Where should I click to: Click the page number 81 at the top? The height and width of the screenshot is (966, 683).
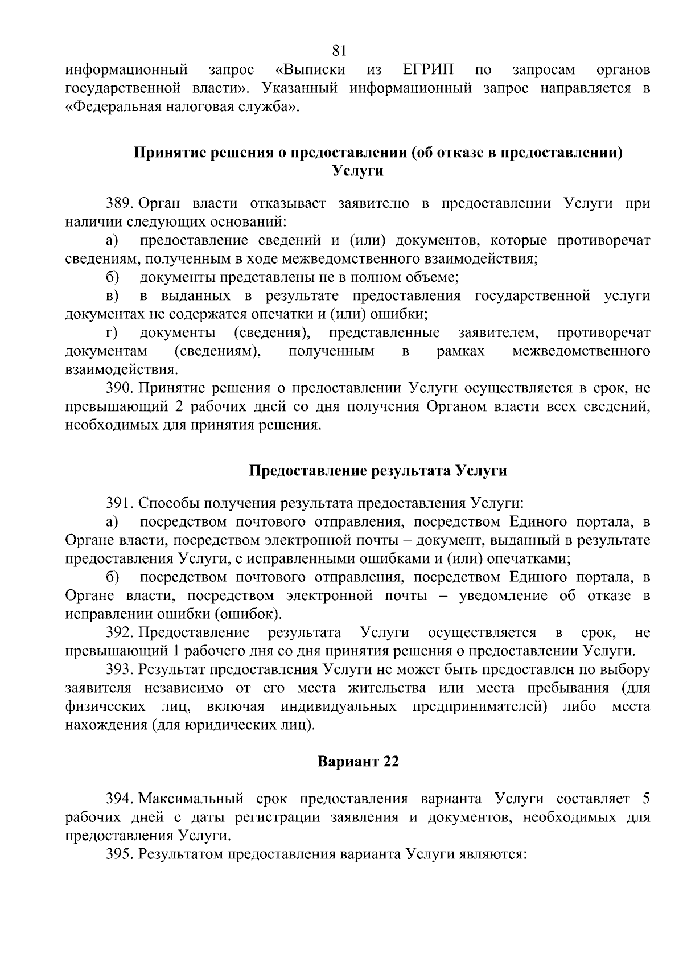339,51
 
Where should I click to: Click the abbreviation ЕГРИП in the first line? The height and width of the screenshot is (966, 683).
428,70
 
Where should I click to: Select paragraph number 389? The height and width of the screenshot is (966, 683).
120,204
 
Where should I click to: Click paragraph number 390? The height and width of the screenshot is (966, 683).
120,388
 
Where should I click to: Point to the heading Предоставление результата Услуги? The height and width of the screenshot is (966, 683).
378,471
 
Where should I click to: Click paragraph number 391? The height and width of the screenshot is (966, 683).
120,503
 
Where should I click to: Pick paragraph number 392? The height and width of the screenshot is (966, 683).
120,632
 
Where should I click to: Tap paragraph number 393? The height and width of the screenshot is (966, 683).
120,669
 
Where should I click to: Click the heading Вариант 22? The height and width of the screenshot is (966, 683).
358,762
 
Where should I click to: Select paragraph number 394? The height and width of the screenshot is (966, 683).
120,799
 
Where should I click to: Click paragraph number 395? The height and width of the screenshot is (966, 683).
120,854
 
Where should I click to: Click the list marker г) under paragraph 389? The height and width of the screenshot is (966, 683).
112,332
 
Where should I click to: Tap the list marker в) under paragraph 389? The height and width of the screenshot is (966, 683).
112,296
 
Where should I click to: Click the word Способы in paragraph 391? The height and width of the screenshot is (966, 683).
168,503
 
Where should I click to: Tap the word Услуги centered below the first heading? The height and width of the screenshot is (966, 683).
357,171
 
